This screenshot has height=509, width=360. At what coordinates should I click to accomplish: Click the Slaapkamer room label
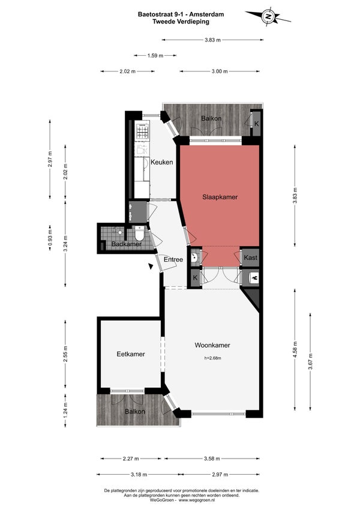coord(220,197)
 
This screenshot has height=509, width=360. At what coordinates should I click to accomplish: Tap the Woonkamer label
coord(212,345)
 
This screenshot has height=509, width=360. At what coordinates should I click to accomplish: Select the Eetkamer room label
coord(130,354)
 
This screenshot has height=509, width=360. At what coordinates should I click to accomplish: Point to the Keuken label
coord(161,162)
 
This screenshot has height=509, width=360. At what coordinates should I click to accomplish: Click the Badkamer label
coord(126,244)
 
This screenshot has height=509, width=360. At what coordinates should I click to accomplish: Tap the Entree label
coord(173,259)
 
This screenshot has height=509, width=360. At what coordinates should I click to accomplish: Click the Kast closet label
coord(250,258)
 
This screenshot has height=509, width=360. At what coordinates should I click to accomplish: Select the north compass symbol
coord(268,16)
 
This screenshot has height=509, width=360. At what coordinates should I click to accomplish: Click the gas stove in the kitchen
coord(143,130)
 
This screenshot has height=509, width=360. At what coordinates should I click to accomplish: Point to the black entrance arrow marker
coord(151,266)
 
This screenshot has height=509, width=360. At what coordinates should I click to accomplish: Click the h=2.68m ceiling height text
coord(213,358)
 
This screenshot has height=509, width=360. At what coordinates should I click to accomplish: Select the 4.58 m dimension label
coord(295,349)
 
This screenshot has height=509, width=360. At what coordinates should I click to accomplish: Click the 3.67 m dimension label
coord(310,361)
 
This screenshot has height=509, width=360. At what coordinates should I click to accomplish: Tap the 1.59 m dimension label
coord(155,55)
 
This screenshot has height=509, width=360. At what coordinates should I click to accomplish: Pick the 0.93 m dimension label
coord(50,237)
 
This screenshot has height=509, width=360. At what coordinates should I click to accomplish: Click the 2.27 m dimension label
coord(131,459)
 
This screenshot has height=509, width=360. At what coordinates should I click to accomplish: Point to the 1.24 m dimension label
coord(65,411)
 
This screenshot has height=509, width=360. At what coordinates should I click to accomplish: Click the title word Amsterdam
coord(206,14)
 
